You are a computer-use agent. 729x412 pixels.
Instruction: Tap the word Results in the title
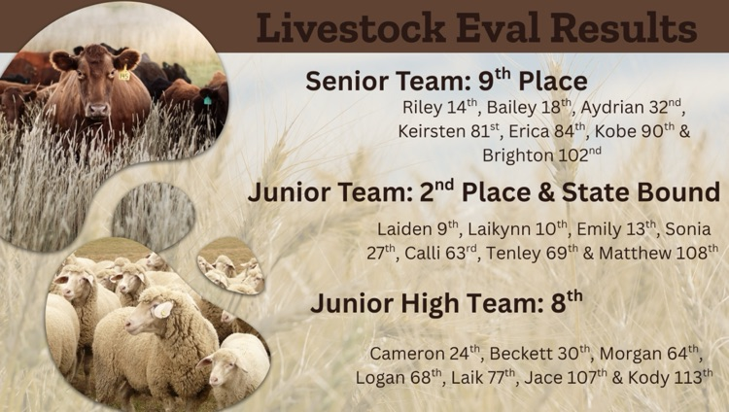tap(622, 28)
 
